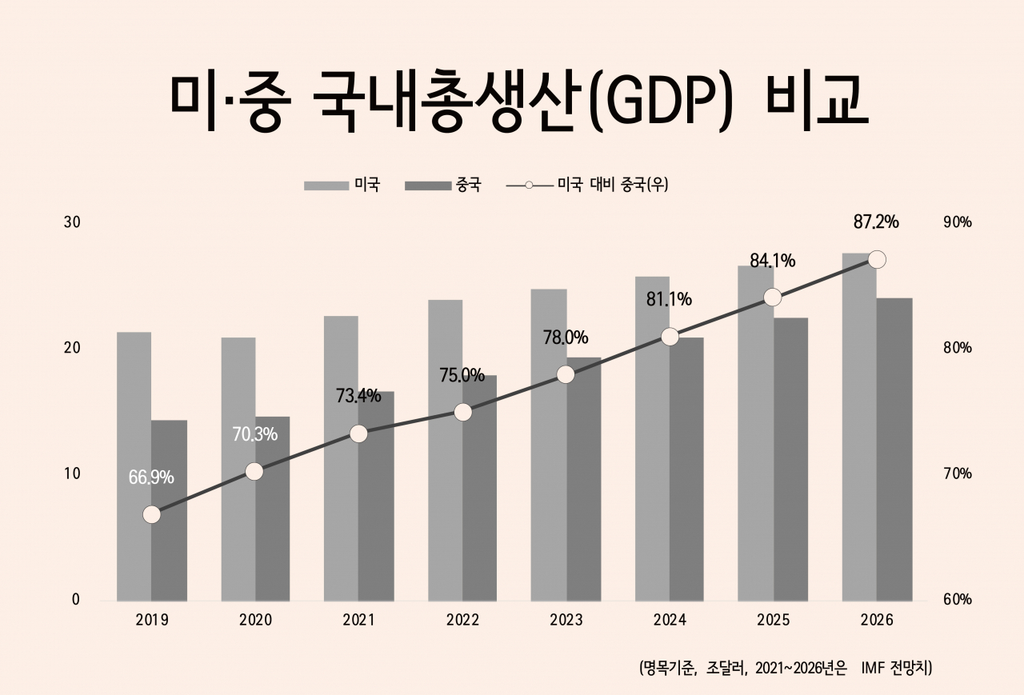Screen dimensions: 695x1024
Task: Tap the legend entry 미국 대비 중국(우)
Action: pyautogui.click(x=612, y=186)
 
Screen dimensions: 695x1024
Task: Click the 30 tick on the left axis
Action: pyautogui.click(x=72, y=222)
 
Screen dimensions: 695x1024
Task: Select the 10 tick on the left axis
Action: pyautogui.click(x=72, y=473)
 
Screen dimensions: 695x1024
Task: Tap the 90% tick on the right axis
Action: pyautogui.click(x=958, y=222)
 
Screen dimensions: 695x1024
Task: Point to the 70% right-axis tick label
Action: pyautogui.click(x=958, y=473)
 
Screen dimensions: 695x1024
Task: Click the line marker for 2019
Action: pyautogui.click(x=152, y=515)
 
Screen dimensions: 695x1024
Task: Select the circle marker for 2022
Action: pyautogui.click(x=463, y=412)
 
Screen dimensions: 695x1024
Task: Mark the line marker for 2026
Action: pyautogui.click(x=877, y=260)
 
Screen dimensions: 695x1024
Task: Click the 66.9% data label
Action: pyautogui.click(x=151, y=477)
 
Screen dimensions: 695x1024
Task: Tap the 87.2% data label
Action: pyautogui.click(x=876, y=222)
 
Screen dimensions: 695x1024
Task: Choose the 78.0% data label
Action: pyautogui.click(x=566, y=337)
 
